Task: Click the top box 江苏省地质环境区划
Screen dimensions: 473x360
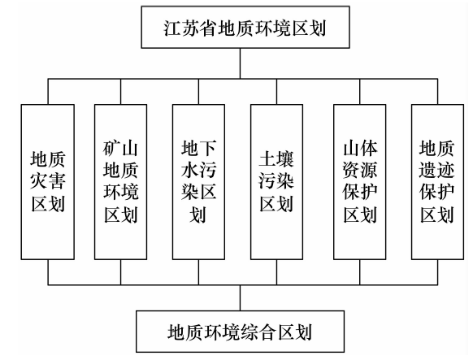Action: point(245,27)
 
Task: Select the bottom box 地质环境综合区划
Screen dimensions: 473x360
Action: point(240,332)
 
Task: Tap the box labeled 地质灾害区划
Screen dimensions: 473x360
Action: point(48,182)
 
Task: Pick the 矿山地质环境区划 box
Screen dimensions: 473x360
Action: point(120,182)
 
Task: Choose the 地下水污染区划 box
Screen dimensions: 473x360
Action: point(198,182)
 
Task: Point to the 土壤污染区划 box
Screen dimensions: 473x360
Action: point(276,182)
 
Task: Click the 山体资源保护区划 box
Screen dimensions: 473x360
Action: point(359,182)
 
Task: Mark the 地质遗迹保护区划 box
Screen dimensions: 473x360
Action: point(437,182)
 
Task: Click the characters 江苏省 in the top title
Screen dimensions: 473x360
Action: point(191,28)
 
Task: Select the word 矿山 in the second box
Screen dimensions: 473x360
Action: point(120,148)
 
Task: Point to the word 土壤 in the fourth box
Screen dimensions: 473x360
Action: point(276,159)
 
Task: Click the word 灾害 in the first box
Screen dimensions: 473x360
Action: point(48,181)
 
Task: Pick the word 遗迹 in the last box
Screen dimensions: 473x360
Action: point(436,170)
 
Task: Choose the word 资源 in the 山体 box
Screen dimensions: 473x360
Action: point(359,170)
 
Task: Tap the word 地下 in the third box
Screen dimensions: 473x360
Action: point(198,148)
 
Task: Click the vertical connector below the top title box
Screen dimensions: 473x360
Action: point(240,63)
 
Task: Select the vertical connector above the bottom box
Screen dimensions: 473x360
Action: point(240,297)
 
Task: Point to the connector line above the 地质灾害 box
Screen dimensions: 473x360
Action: point(48,92)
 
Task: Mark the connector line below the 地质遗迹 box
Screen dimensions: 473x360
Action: point(437,272)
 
